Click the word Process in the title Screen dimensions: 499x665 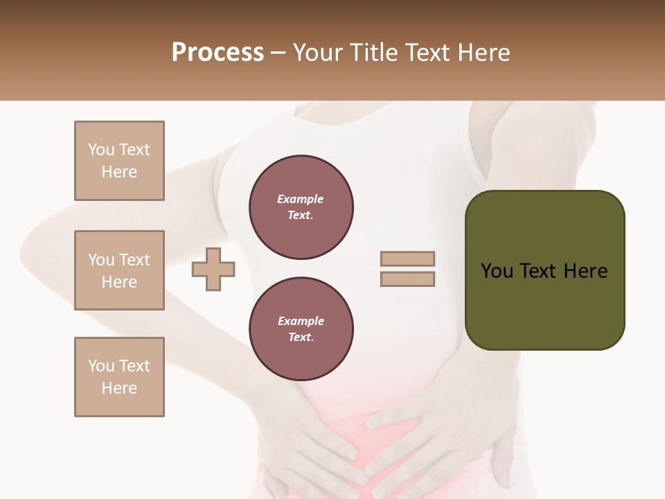[218, 53]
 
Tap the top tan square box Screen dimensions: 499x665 [119, 161]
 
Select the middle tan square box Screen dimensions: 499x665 [119, 270]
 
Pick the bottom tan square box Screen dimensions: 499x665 [119, 377]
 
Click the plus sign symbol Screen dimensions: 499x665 [213, 269]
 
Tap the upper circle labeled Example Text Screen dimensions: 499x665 [301, 207]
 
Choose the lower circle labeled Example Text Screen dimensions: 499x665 [301, 329]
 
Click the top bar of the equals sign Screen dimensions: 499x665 [408, 259]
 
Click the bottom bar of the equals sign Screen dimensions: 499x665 [408, 279]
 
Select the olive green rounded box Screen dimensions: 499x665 [544, 270]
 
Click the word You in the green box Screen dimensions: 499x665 [497, 271]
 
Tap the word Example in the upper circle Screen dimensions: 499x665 [301, 200]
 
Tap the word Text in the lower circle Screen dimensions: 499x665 [300, 338]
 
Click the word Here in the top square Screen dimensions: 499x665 [119, 173]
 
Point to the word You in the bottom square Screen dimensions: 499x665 [102, 366]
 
